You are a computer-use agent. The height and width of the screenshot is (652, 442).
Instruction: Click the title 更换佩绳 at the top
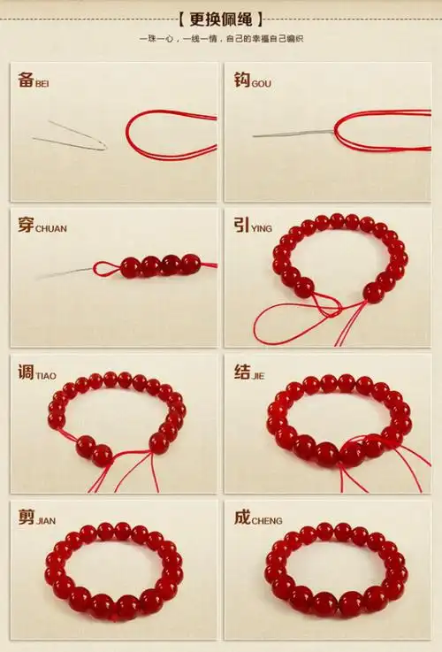pyautogui.click(x=221, y=19)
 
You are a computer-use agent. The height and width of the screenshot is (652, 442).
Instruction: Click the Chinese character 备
pyautogui.click(x=26, y=80)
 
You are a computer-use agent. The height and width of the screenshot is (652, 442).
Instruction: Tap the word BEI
pyautogui.click(x=42, y=84)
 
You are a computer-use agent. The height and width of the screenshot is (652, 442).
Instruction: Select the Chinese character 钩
pyautogui.click(x=241, y=80)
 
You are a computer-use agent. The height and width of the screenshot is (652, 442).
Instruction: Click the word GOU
pyautogui.click(x=262, y=84)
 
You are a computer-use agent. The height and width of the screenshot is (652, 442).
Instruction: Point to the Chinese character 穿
pyautogui.click(x=26, y=225)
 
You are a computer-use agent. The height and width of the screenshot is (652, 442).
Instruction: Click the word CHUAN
pyautogui.click(x=51, y=229)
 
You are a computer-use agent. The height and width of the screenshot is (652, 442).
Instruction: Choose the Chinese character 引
pyautogui.click(x=241, y=225)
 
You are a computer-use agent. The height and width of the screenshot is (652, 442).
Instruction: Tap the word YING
pyautogui.click(x=263, y=229)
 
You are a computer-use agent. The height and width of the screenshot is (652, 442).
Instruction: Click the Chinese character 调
pyautogui.click(x=26, y=372)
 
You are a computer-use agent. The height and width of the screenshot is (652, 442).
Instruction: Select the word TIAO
pyautogui.click(x=46, y=376)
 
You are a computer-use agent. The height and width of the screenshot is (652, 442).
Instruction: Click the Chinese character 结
pyautogui.click(x=241, y=372)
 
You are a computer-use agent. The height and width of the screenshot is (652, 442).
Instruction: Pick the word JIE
pyautogui.click(x=258, y=376)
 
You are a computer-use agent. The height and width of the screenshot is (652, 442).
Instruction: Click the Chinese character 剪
pyautogui.click(x=26, y=517)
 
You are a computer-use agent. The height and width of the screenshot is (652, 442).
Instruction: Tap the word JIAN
pyautogui.click(x=46, y=521)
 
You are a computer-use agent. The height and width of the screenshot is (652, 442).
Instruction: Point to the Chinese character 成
pyautogui.click(x=241, y=517)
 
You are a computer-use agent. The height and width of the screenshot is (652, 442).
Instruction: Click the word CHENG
pyautogui.click(x=267, y=521)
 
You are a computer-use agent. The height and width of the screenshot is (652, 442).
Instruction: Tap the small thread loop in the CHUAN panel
pyautogui.click(x=105, y=270)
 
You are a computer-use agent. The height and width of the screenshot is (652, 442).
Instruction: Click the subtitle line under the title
pyautogui.click(x=221, y=39)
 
